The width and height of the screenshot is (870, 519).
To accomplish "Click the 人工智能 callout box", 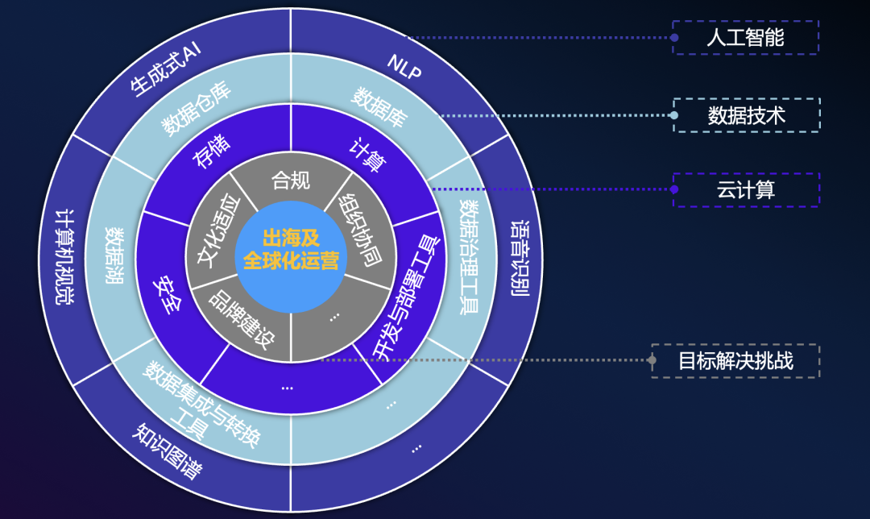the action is click(x=745, y=38).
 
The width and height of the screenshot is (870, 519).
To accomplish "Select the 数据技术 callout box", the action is click(x=746, y=115).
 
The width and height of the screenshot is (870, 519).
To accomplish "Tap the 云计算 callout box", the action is click(x=745, y=190).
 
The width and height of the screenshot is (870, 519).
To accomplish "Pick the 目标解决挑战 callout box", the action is click(x=735, y=361).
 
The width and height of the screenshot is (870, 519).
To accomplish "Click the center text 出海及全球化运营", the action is click(x=291, y=249).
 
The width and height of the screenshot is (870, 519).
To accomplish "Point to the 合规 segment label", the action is click(x=291, y=180).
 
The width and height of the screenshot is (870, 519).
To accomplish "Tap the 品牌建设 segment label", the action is click(x=242, y=315).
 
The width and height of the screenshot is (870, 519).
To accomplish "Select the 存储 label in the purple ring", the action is click(x=212, y=152).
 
